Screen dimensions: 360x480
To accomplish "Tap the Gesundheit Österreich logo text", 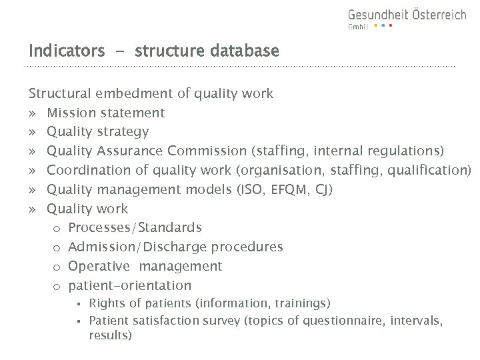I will [x=407, y=15].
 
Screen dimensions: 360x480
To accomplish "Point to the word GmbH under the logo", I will [x=358, y=27].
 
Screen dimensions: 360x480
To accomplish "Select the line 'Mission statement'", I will [x=106, y=113].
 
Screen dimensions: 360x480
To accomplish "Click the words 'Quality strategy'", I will [x=98, y=132].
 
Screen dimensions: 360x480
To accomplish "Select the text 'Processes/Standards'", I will [x=135, y=228].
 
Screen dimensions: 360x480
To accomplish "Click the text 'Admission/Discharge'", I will [x=138, y=247].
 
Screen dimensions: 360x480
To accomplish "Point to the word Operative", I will [x=99, y=267].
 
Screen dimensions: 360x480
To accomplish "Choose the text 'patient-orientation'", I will [x=129, y=286].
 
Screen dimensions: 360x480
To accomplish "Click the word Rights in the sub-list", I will [x=105, y=304].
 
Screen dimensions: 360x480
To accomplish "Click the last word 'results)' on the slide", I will [x=110, y=336].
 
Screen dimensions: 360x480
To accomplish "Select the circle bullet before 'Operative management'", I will [x=57, y=267].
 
